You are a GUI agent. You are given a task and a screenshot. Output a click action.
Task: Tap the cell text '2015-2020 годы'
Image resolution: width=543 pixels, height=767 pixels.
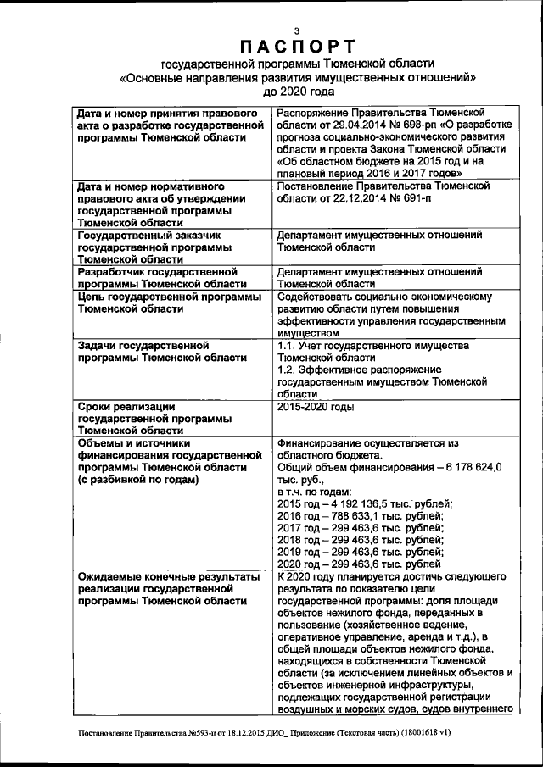316,407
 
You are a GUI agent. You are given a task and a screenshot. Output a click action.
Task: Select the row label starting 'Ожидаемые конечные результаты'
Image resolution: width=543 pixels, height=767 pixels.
168,575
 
